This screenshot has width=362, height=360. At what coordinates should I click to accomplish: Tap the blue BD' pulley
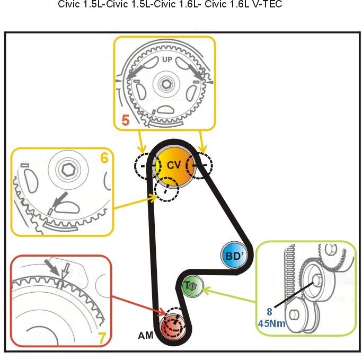(234, 255)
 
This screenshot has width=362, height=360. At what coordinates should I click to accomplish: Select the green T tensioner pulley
(192, 286)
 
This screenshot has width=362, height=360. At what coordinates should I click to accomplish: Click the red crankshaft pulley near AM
(173, 327)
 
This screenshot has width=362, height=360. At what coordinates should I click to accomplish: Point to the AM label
(145, 336)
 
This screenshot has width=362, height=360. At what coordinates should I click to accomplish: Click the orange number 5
(126, 120)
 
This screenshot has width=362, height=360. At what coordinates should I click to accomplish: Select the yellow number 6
(104, 158)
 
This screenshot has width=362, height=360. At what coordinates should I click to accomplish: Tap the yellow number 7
(102, 338)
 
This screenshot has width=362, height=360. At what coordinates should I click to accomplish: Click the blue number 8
(269, 312)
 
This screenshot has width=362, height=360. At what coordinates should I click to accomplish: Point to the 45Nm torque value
(272, 323)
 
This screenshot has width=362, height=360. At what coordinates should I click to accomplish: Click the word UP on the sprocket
(167, 59)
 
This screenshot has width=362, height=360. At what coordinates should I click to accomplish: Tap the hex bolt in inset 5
(166, 84)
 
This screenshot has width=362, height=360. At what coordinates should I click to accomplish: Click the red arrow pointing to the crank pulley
(139, 305)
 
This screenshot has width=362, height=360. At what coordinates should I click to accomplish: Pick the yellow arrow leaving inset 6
(136, 203)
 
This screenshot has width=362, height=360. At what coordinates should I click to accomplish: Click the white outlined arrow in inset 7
(65, 270)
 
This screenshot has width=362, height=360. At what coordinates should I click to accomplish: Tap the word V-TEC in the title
(267, 4)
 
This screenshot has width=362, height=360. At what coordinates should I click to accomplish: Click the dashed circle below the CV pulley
(166, 190)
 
